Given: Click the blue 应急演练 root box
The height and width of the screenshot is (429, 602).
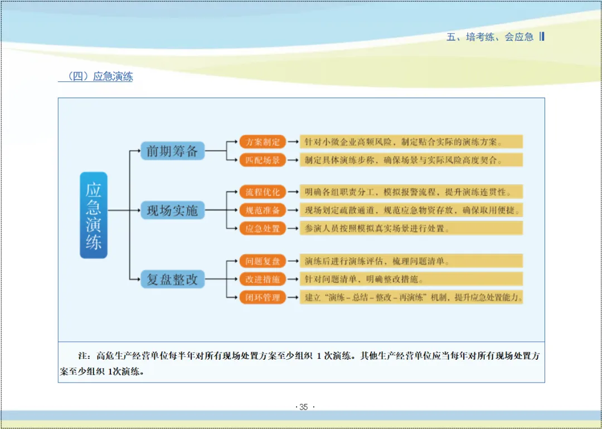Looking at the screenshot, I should tap(94, 215).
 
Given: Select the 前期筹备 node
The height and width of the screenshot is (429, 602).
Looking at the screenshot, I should tap(172, 150).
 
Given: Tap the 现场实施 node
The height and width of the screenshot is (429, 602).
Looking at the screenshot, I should tap(172, 210).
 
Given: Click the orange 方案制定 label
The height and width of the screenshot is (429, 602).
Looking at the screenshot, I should tap(263, 142).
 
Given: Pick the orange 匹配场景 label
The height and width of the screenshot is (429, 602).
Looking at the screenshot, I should tap(263, 160).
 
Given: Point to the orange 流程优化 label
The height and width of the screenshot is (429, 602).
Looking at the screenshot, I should tap(263, 192).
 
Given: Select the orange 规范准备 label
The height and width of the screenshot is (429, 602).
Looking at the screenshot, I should tap(263, 210).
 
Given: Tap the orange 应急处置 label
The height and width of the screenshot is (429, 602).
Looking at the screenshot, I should tap(263, 228).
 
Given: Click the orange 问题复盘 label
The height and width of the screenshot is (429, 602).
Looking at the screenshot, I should tap(263, 261).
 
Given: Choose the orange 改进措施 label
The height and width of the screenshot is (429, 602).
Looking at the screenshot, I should tap(263, 279).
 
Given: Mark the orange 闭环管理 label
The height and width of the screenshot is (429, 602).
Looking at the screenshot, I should tap(263, 297).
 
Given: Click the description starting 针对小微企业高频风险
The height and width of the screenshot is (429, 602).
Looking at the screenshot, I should tap(411, 142).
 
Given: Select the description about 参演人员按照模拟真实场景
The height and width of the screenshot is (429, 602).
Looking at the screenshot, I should tap(411, 228).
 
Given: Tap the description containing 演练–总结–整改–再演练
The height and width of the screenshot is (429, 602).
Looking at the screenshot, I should tap(411, 297).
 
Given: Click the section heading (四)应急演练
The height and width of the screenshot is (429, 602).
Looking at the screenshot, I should tap(95, 77).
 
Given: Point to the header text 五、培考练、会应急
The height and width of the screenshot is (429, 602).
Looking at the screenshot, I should tap(490, 37).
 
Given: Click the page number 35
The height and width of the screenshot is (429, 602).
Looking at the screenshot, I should tap(303, 407).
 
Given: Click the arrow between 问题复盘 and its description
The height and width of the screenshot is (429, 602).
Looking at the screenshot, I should tap(293, 261).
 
